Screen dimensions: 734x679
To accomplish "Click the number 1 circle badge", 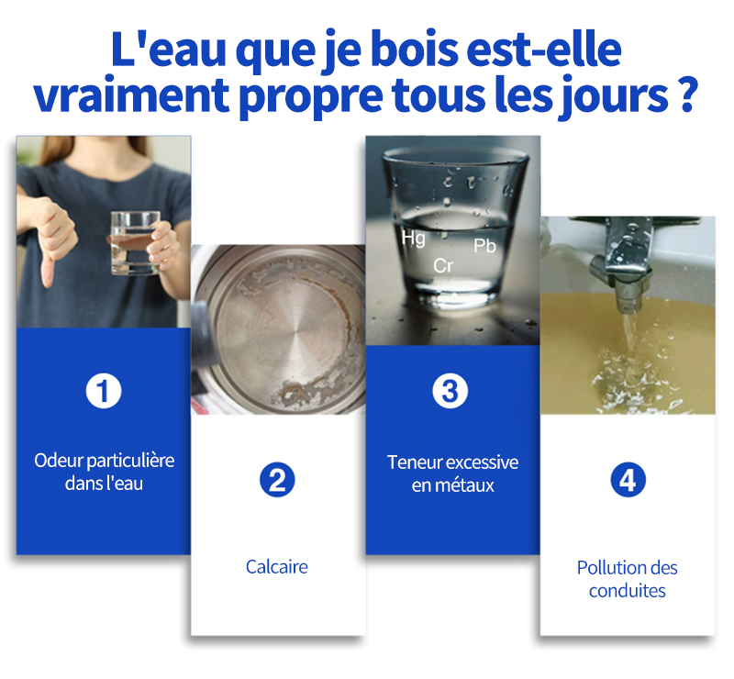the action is point(104,391).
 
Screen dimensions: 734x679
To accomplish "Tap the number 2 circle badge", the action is point(277,480).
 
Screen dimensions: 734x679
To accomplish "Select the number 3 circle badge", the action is point(450,391).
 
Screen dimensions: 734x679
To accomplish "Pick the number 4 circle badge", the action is point(628,480).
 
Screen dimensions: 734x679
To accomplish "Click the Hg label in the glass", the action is point(414,239).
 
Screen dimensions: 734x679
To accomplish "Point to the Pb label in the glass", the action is point(484,246).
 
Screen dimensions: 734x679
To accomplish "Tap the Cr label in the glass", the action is point(443,266).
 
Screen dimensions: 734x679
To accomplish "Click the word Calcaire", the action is point(277,567).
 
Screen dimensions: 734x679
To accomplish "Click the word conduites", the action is point(628,591).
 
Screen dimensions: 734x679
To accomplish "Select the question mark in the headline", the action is point(687,95).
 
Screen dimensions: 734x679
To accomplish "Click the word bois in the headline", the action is point(415,50).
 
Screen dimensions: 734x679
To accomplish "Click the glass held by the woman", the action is point(135,242).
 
